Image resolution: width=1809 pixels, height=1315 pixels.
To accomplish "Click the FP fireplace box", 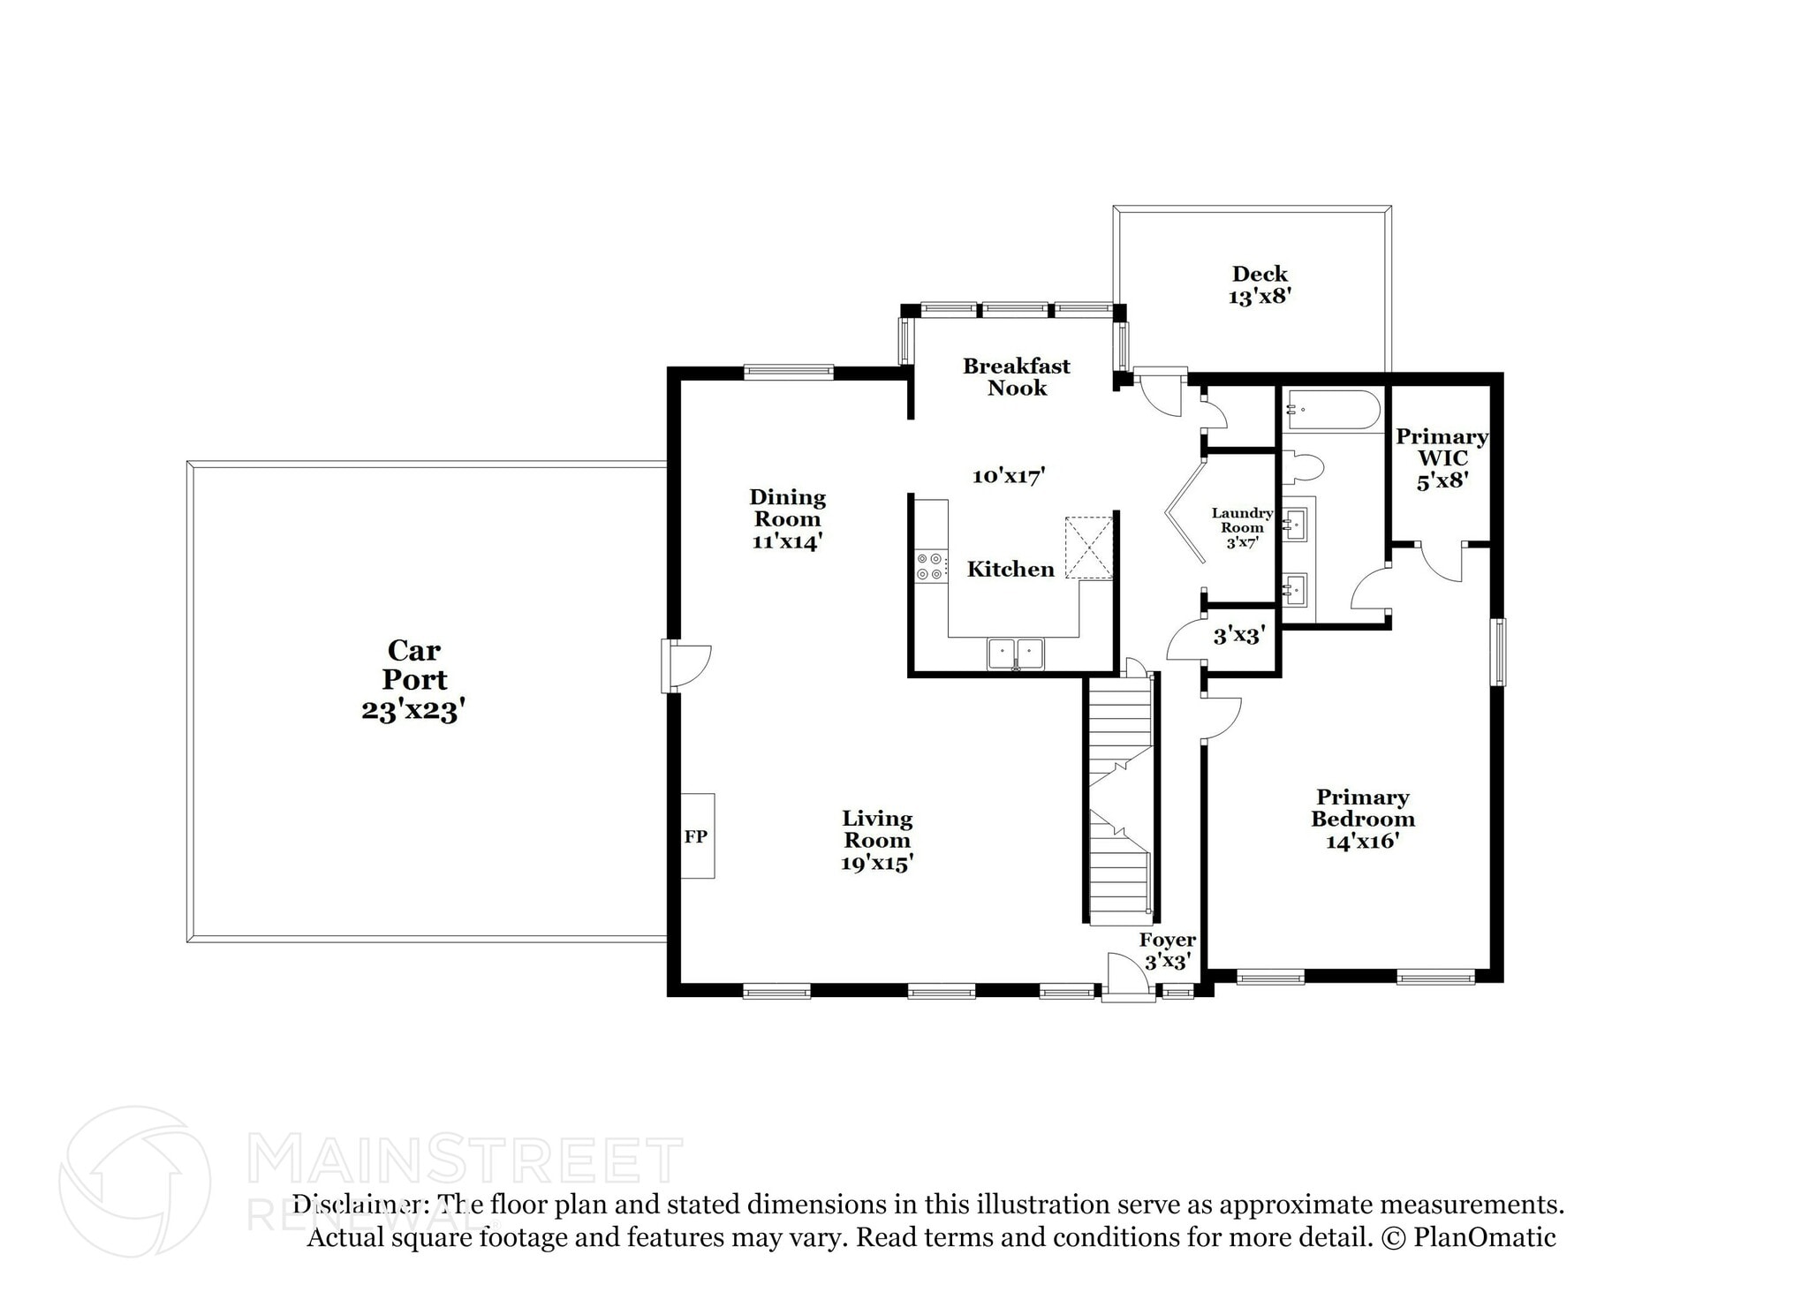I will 696,835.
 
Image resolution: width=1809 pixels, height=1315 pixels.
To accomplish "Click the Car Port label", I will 413,679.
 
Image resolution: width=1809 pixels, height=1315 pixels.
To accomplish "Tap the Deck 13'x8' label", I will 1260,285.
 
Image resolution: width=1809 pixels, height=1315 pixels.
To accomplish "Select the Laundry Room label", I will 1241,527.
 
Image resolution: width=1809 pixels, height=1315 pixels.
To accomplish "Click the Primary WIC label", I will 1442,458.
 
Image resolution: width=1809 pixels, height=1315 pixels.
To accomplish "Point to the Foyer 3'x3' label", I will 1167,950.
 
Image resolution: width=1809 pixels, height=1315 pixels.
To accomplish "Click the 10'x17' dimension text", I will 1009,476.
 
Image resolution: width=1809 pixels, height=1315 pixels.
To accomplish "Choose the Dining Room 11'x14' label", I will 787,519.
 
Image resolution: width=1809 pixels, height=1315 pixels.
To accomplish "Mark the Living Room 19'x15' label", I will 876,840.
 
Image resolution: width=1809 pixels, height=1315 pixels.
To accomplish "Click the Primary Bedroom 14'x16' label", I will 1362,819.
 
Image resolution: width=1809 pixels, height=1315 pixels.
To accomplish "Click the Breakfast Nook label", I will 1016,377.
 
